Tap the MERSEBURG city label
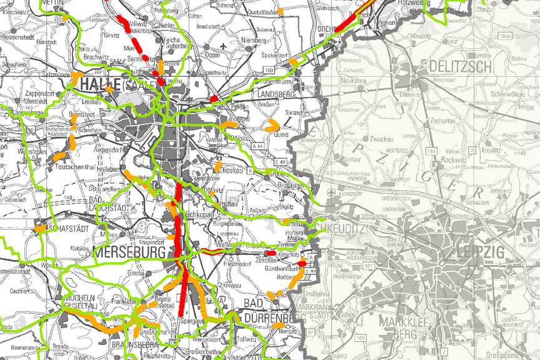click(x=129, y=252)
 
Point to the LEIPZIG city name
click(x=481, y=252)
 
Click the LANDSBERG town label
click(x=275, y=94)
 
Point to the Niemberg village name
click(x=252, y=40)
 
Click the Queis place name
click(x=281, y=134)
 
